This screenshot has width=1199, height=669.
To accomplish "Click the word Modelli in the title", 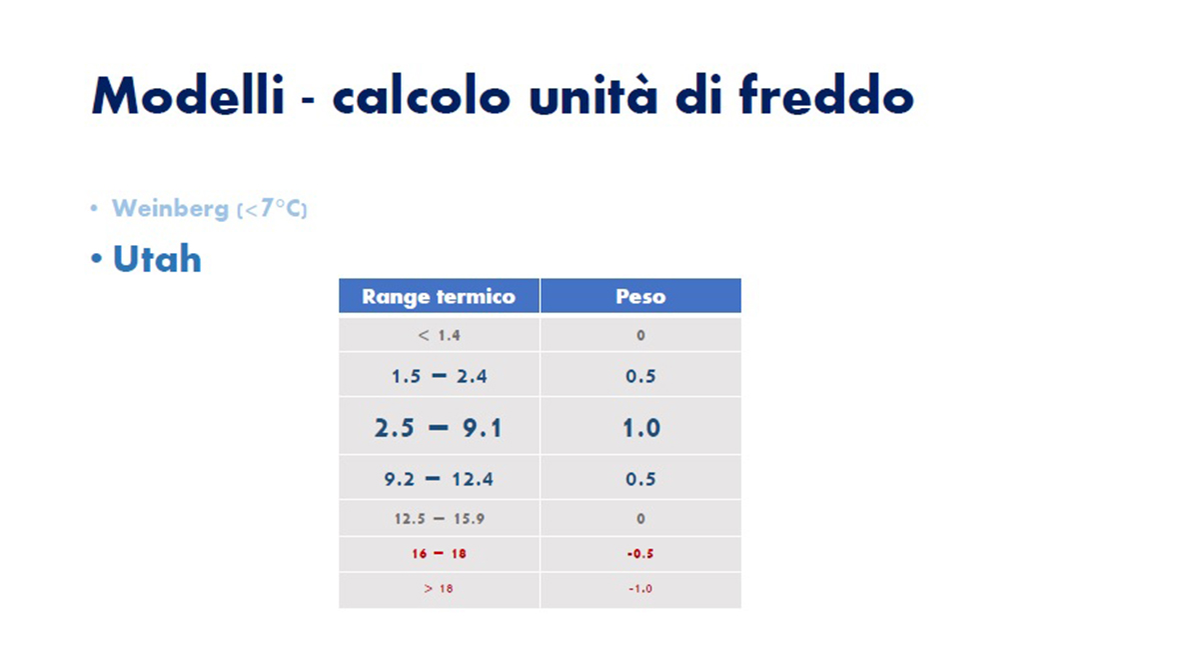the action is (188, 95).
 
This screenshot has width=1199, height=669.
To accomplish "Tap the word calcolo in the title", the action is (422, 95).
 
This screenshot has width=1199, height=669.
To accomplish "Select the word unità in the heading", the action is (593, 95).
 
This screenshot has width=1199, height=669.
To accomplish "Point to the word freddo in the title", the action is (826, 95).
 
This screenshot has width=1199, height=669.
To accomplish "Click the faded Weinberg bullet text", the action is (170, 208).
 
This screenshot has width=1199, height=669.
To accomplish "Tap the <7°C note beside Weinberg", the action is (273, 208).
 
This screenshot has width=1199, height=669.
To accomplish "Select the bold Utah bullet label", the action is (157, 259).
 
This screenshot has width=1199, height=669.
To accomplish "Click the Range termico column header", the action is (439, 296).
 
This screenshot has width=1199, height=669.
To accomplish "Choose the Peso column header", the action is (640, 296).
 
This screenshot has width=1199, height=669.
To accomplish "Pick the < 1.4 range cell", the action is (439, 335).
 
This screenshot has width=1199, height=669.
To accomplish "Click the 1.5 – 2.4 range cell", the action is (439, 376).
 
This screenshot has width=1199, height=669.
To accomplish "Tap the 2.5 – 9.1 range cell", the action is (439, 428).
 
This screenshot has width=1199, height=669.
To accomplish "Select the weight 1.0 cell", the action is (641, 428).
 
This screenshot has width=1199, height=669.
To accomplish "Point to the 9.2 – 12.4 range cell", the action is (439, 479).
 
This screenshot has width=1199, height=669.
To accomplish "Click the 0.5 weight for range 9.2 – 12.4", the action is (640, 479).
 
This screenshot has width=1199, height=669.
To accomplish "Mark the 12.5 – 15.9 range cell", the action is (439, 518).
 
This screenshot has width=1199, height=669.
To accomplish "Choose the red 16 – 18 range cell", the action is (439, 553).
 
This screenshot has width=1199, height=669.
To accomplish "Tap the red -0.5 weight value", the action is (640, 553).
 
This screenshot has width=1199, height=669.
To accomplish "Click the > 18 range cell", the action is (439, 589).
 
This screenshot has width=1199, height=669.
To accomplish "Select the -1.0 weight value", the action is (640, 589).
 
